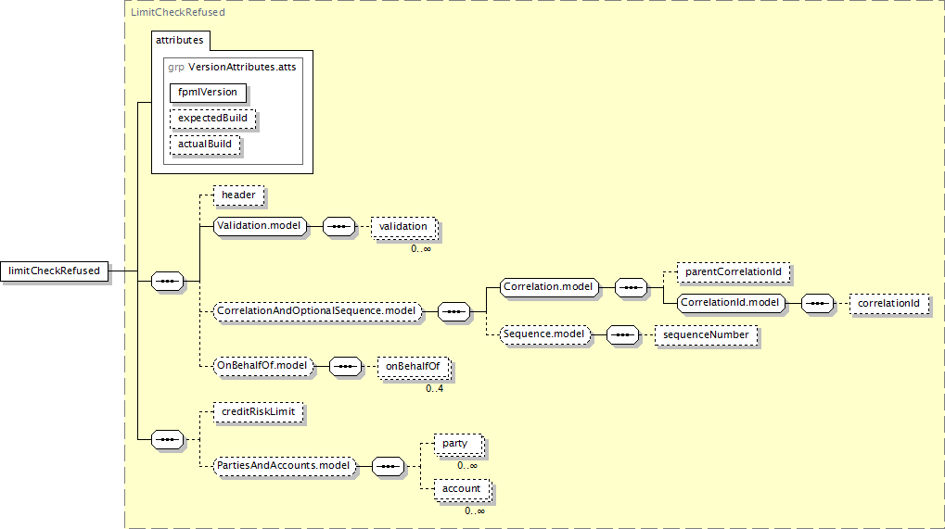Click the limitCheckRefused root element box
pos(54,271)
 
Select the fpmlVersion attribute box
pos(208,92)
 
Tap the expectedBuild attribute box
pos(212,118)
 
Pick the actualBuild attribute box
pos(205,144)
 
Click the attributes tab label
pos(180,41)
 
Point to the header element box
pos(238,195)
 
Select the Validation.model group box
pos(260,226)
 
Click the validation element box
pos(403,227)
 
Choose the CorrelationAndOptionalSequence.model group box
pos(317,311)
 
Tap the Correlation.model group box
pos(549,287)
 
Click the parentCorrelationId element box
pos(734,272)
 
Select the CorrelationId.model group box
pos(731,303)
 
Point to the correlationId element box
pos(889,303)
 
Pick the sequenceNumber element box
pos(707,334)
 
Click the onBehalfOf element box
pos(414,367)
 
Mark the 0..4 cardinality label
pos(435,389)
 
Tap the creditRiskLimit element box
pos(259,412)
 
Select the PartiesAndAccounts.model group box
pos(284,466)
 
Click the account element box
pos(462,489)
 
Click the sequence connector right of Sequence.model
pos(622,334)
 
